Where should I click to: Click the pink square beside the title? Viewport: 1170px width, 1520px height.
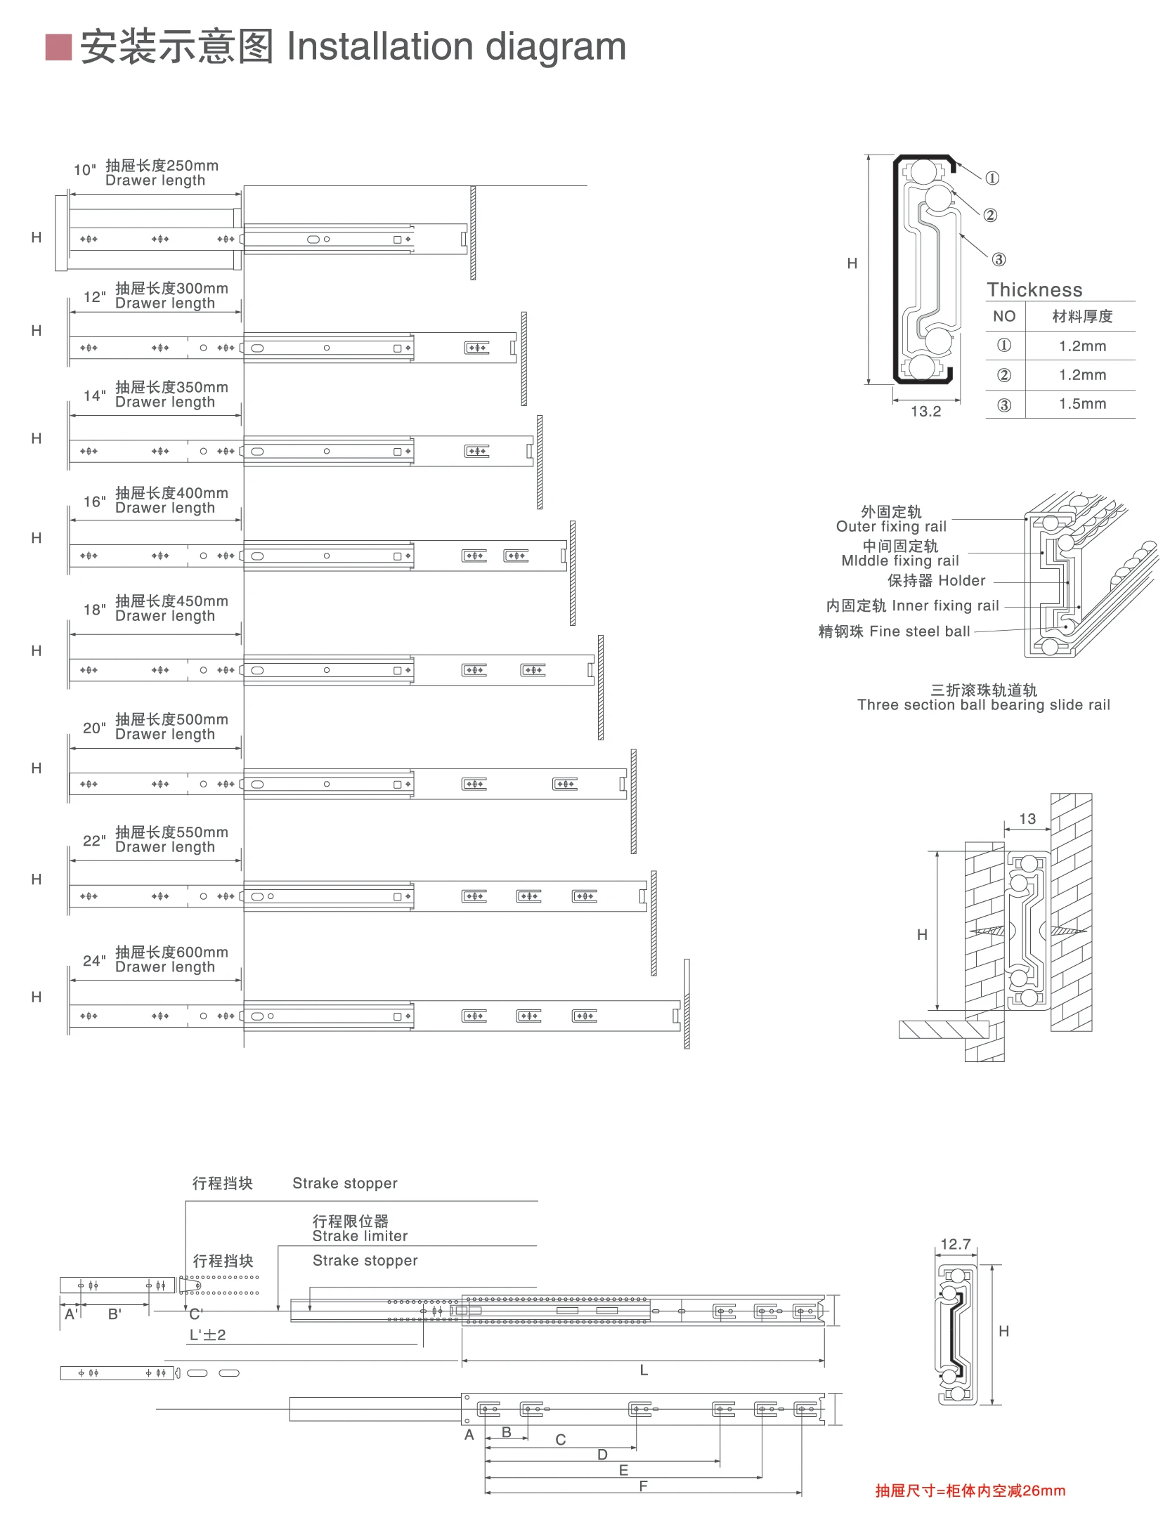pos(58,47)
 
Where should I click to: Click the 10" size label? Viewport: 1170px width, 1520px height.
pos(84,170)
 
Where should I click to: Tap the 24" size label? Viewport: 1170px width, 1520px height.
pos(94,960)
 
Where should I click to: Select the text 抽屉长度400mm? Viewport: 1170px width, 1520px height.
pos(171,493)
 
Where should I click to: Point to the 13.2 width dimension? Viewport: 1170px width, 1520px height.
pos(925,412)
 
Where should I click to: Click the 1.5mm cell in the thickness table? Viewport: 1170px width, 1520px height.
pos(1082,404)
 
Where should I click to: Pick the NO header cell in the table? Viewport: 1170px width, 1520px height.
pos(1004,317)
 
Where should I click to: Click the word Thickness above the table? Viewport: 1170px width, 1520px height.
pos(1034,290)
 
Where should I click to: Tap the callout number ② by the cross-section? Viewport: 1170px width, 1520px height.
pos(990,215)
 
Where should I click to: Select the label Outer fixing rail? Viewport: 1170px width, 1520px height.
pos(891,527)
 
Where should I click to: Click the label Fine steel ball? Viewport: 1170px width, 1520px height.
pos(919,631)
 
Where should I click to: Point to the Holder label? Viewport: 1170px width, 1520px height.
pos(961,581)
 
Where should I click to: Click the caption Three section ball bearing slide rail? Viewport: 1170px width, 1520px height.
pos(983,705)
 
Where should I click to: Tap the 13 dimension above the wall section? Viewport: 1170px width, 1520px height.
pos(1027,819)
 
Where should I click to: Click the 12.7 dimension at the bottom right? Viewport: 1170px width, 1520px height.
pos(956,1245)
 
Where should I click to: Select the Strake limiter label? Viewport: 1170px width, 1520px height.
pos(360,1236)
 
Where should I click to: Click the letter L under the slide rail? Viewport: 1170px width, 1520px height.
pos(644,1370)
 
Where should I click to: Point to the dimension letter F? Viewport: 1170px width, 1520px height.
pos(643,1486)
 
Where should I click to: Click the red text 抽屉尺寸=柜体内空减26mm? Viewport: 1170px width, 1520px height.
pos(970,1490)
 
